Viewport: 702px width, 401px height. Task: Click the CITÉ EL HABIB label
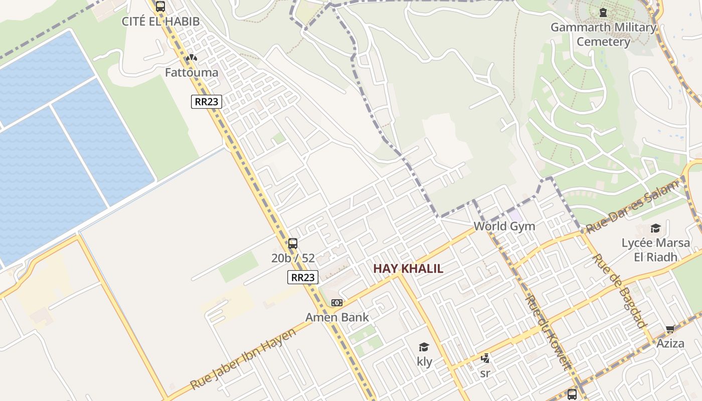click(x=160, y=22)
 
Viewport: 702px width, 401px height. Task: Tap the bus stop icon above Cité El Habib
click(x=160, y=7)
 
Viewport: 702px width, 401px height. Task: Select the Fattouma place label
click(x=192, y=73)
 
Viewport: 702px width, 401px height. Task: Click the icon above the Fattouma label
click(x=191, y=58)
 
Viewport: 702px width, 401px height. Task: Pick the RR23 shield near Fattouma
click(x=206, y=101)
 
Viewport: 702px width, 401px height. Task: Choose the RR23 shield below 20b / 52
click(x=303, y=277)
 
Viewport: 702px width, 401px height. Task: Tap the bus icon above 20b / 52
click(x=293, y=244)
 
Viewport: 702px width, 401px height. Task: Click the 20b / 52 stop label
click(x=293, y=259)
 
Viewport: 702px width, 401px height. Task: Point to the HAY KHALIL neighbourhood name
click(x=408, y=269)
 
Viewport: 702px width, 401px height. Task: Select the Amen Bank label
click(x=337, y=317)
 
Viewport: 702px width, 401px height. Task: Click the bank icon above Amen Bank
click(x=337, y=303)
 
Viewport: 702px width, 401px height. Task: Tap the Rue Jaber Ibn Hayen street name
click(x=243, y=360)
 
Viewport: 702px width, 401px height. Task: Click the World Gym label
click(x=504, y=226)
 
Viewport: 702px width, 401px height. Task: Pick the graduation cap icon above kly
click(x=424, y=347)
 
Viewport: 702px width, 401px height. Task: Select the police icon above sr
click(x=485, y=358)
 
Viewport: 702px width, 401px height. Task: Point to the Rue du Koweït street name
click(x=548, y=332)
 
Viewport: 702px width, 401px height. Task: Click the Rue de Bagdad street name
click(x=620, y=291)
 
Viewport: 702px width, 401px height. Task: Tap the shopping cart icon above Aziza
click(x=670, y=329)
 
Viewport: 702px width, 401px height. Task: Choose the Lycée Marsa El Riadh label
click(x=656, y=250)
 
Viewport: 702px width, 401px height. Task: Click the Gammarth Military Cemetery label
click(x=603, y=35)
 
